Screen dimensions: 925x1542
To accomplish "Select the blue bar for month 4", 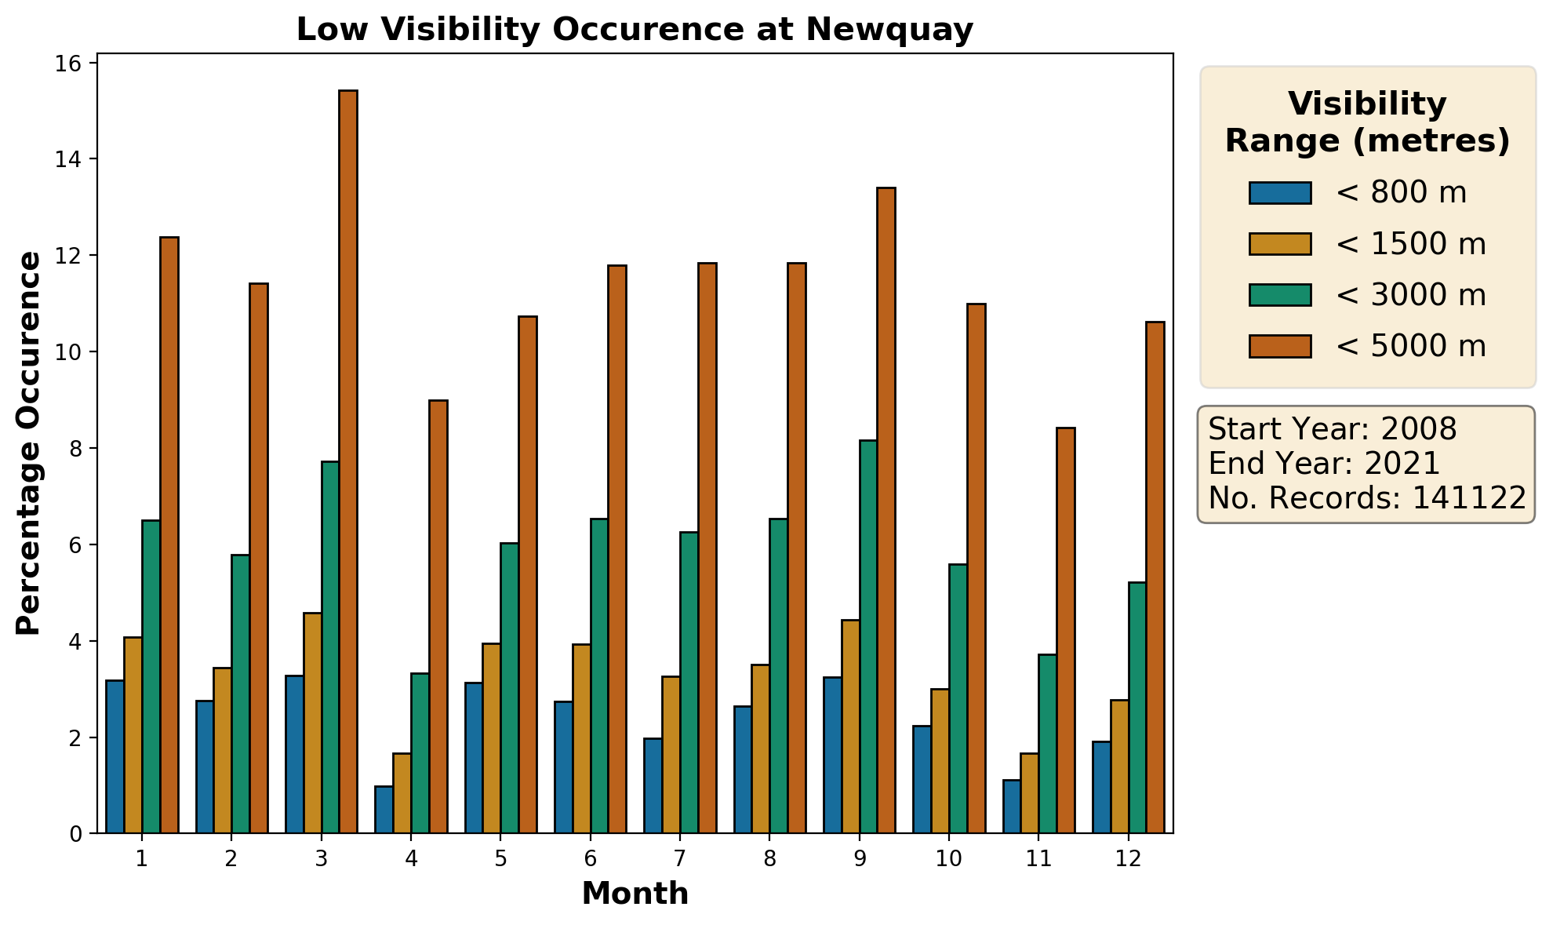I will click(x=384, y=809).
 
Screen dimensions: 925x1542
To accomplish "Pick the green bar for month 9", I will click(x=867, y=636).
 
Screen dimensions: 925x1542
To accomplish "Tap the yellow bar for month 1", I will click(x=133, y=734).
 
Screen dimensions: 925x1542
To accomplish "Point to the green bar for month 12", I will click(x=1136, y=707).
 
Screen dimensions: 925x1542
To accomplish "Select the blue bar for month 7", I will click(x=653, y=785).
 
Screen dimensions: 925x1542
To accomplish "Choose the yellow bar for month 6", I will click(x=582, y=738).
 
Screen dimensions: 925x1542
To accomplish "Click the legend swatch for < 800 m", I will click(x=1280, y=193).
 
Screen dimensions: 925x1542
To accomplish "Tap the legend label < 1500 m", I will click(x=1410, y=244).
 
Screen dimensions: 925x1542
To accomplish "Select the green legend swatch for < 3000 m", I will click(x=1280, y=295).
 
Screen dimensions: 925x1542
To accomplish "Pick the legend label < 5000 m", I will click(x=1410, y=346).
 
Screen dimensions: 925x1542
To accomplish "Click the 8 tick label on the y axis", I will click(x=75, y=449).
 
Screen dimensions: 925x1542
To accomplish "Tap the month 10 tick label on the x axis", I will click(x=949, y=859).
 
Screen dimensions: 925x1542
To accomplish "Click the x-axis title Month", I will click(x=635, y=894).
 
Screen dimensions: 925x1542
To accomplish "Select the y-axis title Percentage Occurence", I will click(x=29, y=443).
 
